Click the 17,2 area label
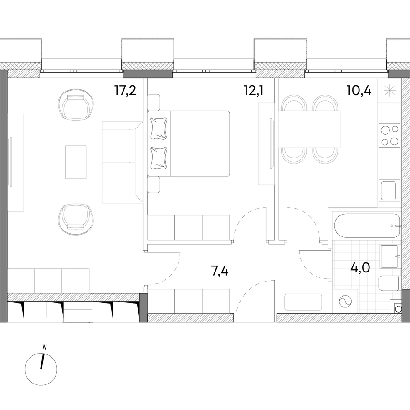125,91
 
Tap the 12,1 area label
254,91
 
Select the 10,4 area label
359,91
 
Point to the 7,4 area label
220,271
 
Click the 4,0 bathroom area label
360,267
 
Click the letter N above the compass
45,348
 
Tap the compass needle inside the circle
42,362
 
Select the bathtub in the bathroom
367,226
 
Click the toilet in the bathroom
389,282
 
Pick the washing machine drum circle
345,302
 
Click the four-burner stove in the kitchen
389,135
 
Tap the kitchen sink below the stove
389,190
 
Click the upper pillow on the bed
159,128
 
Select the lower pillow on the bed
159,158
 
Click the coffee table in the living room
76,162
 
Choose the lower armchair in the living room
76,219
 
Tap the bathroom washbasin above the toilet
389,256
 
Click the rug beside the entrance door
303,302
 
